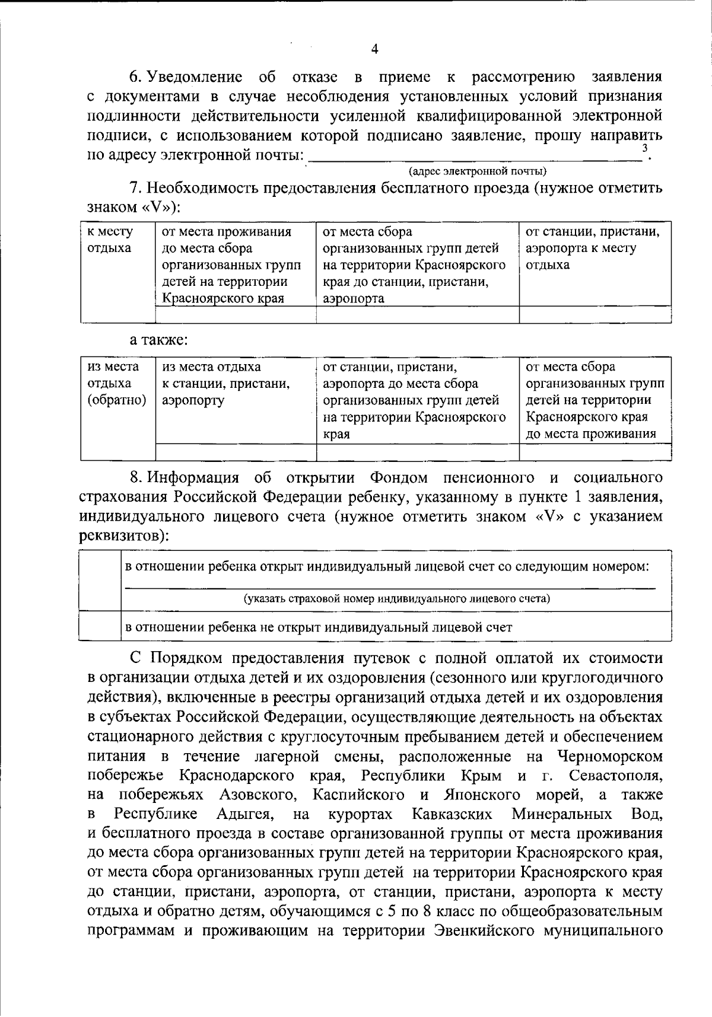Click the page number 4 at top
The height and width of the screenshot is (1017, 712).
pos(374,49)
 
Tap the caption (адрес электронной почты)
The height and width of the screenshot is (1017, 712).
pos(478,171)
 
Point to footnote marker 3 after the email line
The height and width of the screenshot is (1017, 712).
pos(644,148)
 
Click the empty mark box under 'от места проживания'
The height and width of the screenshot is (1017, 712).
pos(236,314)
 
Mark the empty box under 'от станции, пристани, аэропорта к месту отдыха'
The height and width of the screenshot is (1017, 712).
pos(595,314)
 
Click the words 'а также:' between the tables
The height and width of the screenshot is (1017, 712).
pos(159,340)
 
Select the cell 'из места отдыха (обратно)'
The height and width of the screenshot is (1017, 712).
pos(117,383)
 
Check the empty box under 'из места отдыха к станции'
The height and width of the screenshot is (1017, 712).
pos(236,452)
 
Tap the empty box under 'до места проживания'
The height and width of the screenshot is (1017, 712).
pos(595,452)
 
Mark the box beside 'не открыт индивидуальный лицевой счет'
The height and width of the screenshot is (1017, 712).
pos(100,627)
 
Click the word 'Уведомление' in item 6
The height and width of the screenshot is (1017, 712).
pos(194,77)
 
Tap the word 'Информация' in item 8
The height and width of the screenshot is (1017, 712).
pos(193,478)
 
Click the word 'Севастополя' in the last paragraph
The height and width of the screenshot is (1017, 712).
pos(615,776)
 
